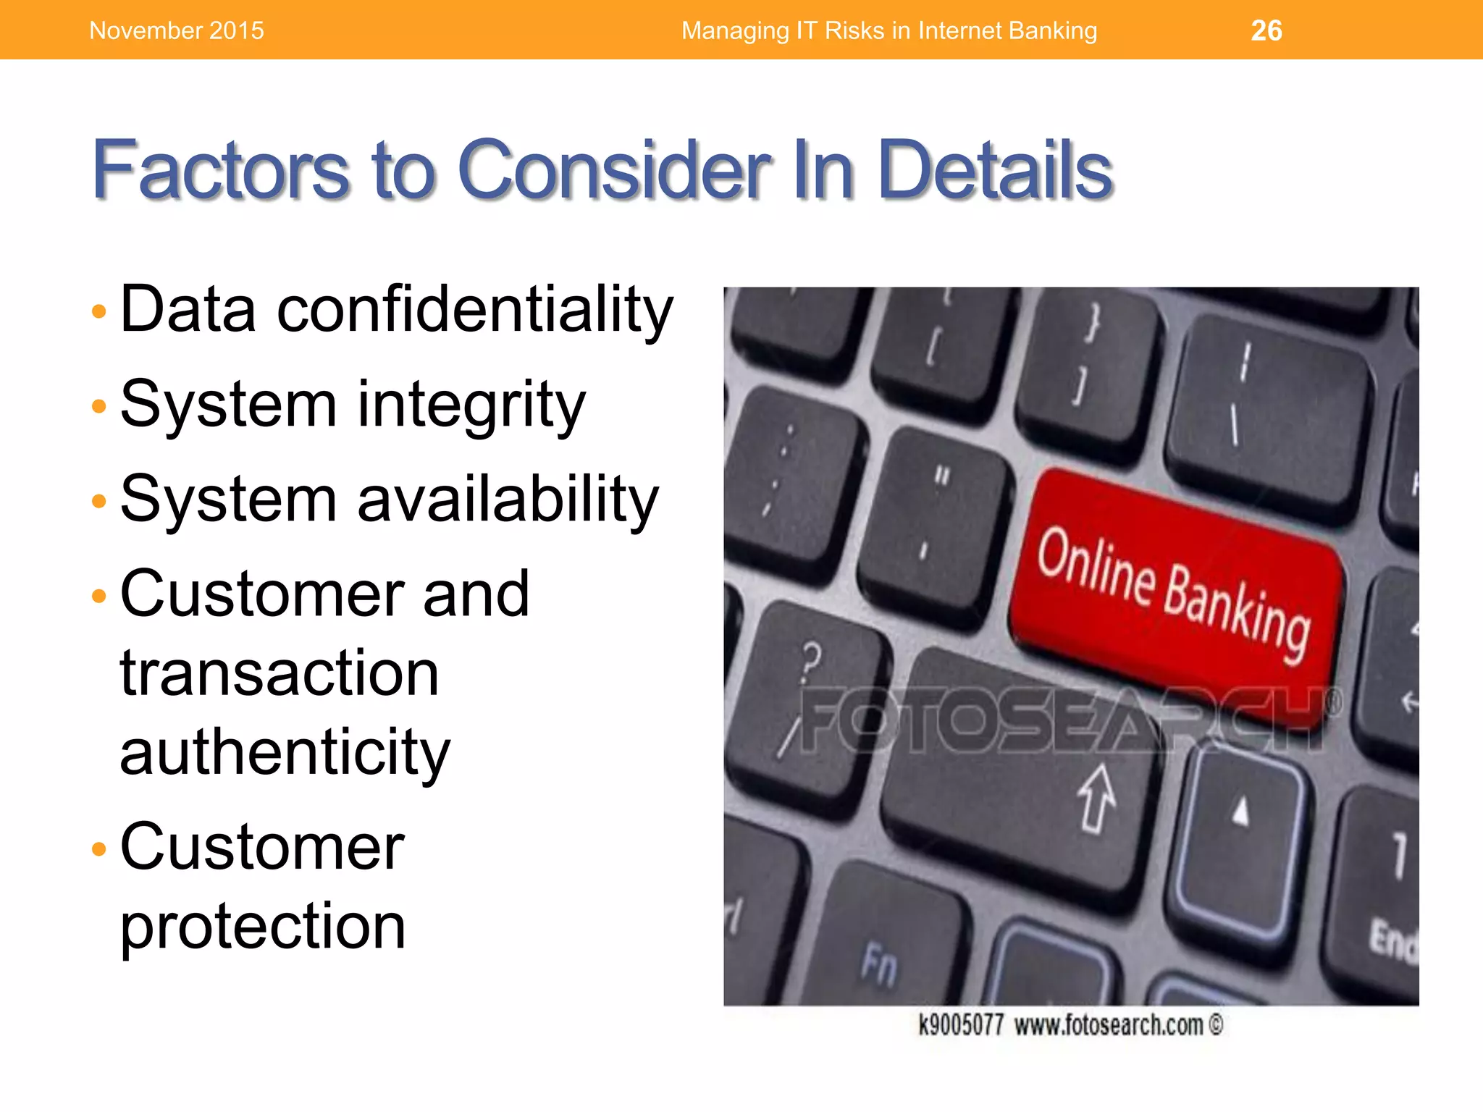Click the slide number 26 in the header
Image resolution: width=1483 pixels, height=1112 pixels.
point(1266,30)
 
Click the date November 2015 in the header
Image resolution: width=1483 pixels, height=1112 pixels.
point(176,30)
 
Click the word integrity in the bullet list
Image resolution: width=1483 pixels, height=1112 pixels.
point(471,405)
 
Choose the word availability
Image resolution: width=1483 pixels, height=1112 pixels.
point(508,500)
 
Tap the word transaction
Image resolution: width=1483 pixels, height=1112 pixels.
point(280,673)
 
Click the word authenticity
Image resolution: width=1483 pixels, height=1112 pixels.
point(285,753)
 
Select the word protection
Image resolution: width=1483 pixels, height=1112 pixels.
point(262,927)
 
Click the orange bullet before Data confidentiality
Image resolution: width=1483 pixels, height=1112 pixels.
point(99,312)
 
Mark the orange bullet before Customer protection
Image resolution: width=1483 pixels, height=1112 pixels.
point(99,848)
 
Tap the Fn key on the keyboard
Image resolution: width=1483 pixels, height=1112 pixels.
point(880,963)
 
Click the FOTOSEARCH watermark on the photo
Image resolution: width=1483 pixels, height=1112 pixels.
point(1064,720)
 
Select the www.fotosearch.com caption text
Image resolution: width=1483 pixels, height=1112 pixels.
point(1108,1025)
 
